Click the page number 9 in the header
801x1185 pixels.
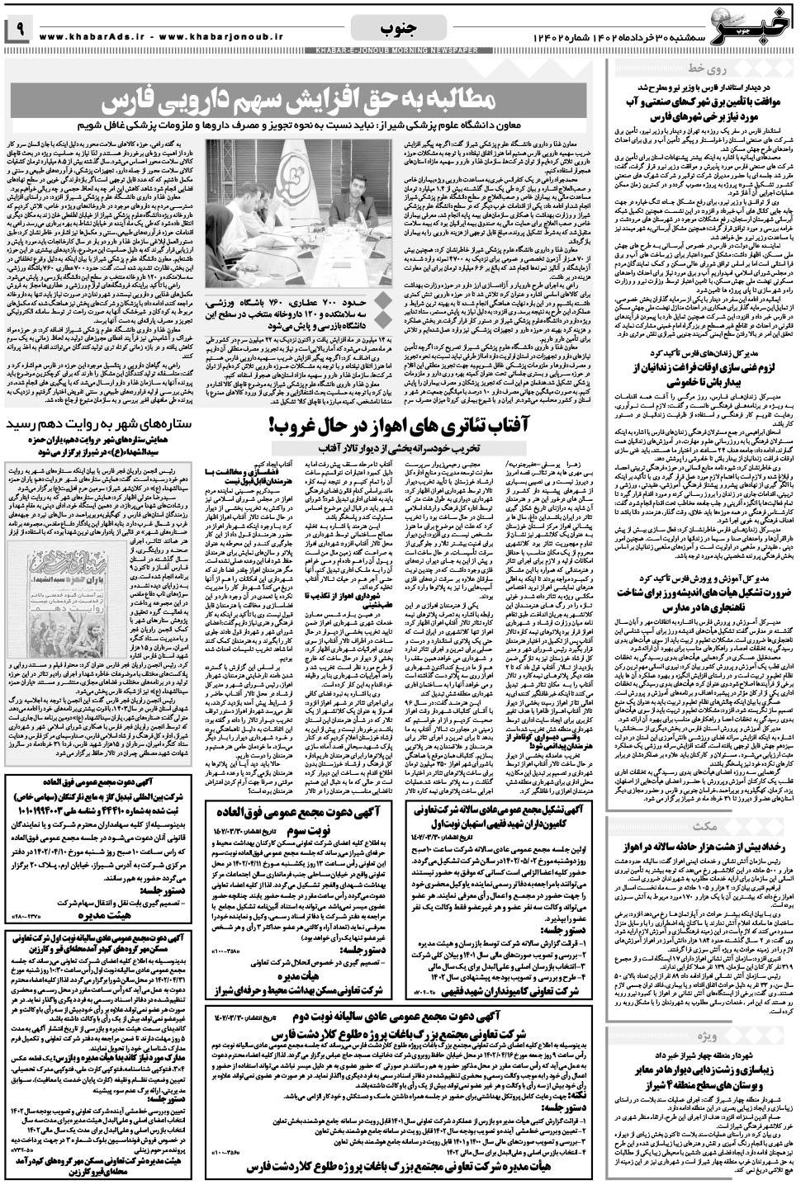[18, 32]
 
